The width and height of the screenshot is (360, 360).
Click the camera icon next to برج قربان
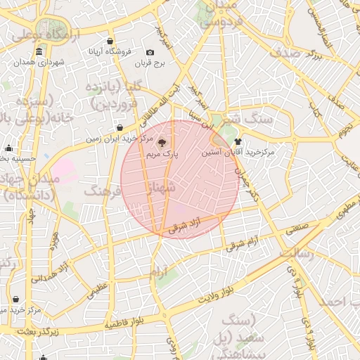coord(150,52)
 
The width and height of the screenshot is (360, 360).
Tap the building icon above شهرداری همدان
coord(38,53)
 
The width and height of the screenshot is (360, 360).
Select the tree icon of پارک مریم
coord(162,141)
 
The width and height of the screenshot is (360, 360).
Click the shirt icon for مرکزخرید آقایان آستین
coord(246,141)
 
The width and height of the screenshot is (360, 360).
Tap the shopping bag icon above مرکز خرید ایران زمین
coord(119,128)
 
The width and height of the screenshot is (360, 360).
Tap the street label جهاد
coord(31,218)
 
